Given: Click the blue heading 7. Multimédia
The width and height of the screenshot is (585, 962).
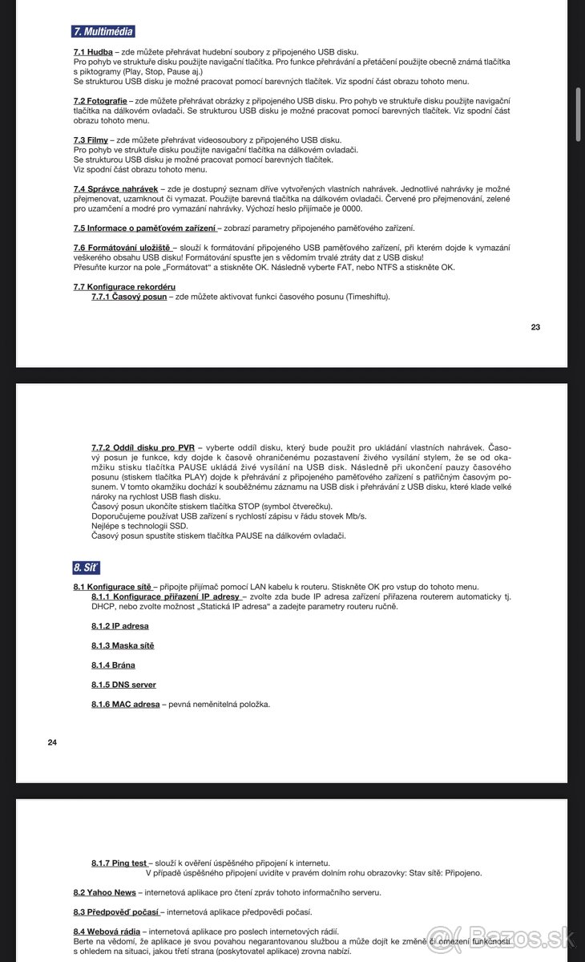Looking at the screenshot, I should [103, 32].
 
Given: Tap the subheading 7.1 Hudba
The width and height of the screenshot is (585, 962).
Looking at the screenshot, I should [93, 51].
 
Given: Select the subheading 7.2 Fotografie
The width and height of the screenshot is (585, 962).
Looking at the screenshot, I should [99, 101].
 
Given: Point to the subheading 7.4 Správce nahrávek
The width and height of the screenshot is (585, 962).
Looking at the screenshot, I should [115, 189].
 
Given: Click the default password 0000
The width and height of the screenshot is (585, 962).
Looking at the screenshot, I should [351, 208].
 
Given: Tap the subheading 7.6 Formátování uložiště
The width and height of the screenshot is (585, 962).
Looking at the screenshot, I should [122, 248].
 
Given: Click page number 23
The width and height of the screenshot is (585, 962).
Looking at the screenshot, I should [535, 327].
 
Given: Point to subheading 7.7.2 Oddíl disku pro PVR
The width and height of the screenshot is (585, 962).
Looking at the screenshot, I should [143, 447].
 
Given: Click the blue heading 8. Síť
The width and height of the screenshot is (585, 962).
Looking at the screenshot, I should [86, 568].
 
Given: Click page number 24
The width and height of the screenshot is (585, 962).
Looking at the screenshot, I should [52, 742].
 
